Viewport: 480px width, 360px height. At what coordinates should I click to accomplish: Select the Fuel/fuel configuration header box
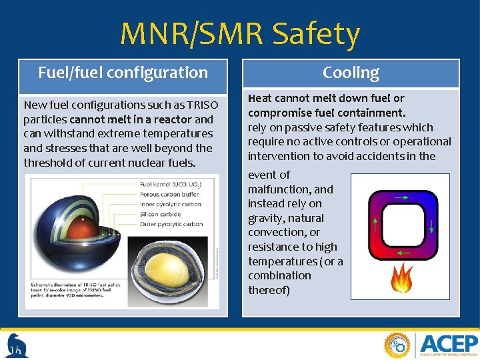point(123,73)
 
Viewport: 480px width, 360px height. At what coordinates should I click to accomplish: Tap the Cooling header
point(351,73)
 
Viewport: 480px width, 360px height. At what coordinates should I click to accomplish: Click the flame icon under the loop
point(401,279)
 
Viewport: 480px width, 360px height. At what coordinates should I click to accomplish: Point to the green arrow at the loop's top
point(402,197)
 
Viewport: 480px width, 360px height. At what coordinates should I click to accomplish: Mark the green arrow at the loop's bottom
point(403,253)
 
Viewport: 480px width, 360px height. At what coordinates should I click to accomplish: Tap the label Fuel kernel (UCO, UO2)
point(171,183)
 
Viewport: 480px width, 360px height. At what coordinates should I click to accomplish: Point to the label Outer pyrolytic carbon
point(172,225)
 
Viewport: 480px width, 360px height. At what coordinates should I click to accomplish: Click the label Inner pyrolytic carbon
point(171,203)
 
